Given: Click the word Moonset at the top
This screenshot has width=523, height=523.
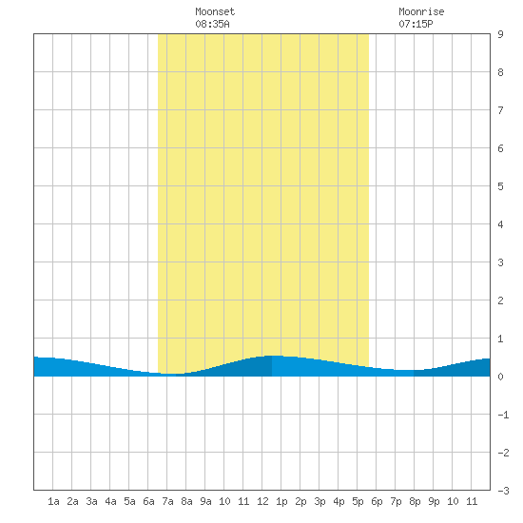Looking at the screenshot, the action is click(x=215, y=11).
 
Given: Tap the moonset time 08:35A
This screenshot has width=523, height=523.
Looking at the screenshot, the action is click(x=212, y=24).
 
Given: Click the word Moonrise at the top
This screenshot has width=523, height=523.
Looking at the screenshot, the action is click(x=421, y=11).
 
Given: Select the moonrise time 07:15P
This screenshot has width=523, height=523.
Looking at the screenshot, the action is click(x=416, y=24).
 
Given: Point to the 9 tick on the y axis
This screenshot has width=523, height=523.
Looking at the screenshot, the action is click(x=500, y=34).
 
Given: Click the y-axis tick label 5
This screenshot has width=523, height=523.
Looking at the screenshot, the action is click(x=500, y=186).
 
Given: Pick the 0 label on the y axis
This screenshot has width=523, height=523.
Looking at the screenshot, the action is click(x=500, y=377).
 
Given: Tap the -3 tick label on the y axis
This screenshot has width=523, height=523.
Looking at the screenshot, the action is click(x=503, y=491).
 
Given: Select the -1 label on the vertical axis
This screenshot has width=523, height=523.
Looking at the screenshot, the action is click(x=503, y=415).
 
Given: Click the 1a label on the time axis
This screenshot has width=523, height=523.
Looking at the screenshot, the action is click(x=53, y=501).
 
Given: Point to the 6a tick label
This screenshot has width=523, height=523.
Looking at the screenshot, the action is click(x=148, y=501).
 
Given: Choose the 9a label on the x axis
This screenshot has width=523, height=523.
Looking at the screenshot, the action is click(x=205, y=501).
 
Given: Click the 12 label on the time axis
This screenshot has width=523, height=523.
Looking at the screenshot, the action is click(x=262, y=501).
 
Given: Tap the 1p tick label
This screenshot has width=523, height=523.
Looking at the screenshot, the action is click(x=281, y=501).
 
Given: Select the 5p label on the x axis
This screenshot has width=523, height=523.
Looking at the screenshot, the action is click(x=358, y=501).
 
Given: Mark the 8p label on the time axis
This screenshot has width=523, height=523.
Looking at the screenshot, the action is click(x=415, y=501).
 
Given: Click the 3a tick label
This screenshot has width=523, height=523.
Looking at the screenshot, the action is click(x=91, y=501).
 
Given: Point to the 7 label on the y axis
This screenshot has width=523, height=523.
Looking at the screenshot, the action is click(x=500, y=110).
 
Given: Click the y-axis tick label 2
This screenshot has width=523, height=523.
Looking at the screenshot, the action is click(x=500, y=300).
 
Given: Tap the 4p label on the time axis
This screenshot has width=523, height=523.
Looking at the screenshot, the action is click(x=339, y=501).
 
